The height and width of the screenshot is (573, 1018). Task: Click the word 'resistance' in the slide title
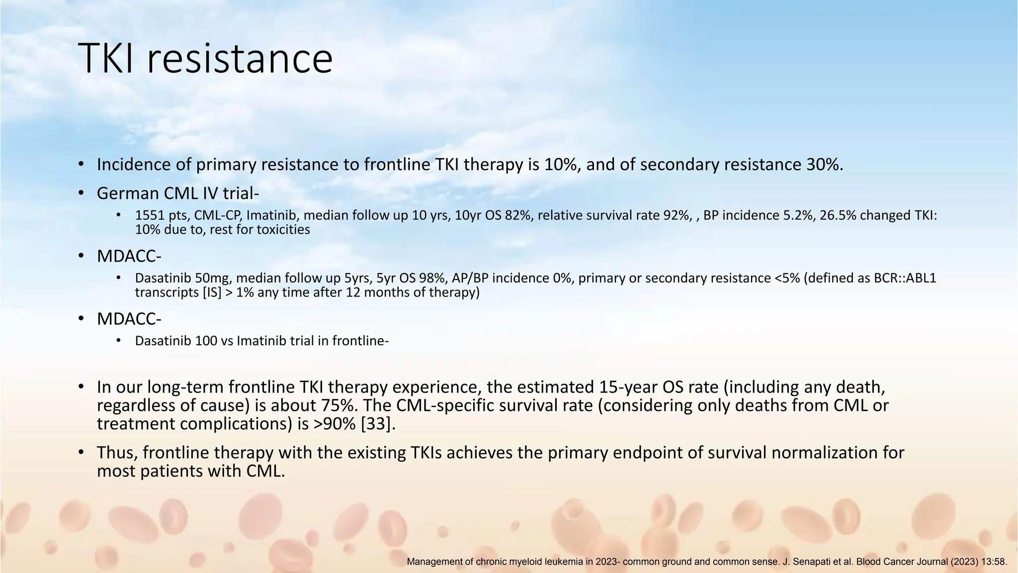pyautogui.click(x=240, y=59)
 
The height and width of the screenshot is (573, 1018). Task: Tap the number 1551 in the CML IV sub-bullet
pyautogui.click(x=150, y=215)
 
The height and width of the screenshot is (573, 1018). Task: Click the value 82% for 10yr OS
pyautogui.click(x=518, y=215)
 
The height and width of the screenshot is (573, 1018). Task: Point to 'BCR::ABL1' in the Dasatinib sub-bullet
pyautogui.click(x=905, y=278)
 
